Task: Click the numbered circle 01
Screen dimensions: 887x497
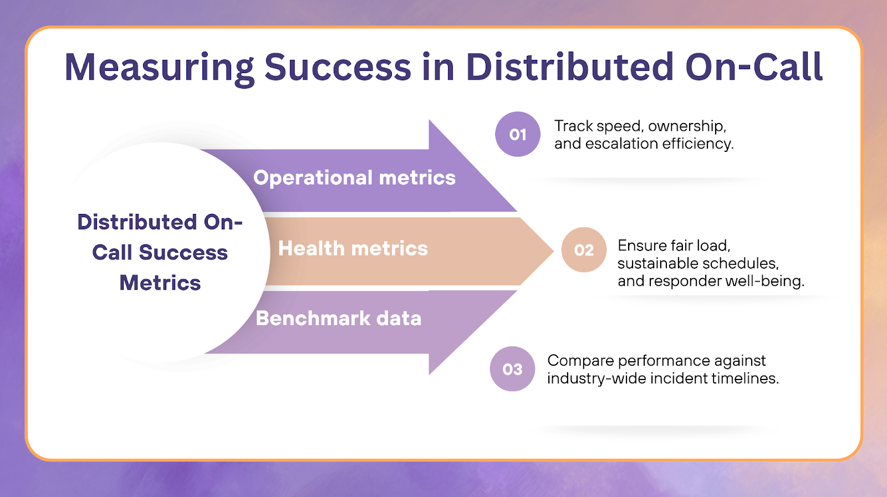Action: [517, 134]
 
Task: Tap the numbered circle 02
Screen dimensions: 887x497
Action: [584, 250]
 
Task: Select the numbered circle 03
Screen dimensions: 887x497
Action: [512, 369]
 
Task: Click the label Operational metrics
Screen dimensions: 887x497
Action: [354, 178]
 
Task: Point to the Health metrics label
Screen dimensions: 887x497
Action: [353, 249]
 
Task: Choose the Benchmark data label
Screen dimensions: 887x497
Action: [338, 319]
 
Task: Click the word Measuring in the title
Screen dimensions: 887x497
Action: [159, 68]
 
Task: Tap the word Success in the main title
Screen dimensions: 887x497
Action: [338, 68]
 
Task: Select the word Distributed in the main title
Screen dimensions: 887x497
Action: [569, 68]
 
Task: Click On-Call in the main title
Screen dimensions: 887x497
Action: [753, 68]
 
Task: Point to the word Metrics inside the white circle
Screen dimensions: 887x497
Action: [160, 283]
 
